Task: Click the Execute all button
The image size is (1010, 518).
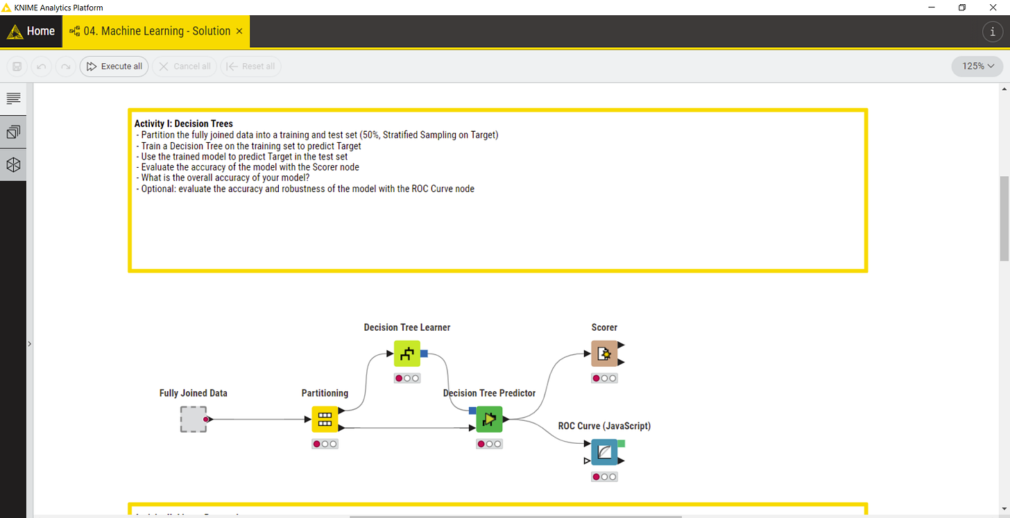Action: click(x=114, y=67)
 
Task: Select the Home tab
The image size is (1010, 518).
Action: click(x=31, y=31)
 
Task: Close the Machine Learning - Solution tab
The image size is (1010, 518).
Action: click(x=239, y=31)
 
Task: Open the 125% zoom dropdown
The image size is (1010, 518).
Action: click(x=978, y=67)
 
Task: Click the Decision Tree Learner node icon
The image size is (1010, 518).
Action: click(x=407, y=354)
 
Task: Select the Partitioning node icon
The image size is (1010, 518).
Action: click(x=325, y=419)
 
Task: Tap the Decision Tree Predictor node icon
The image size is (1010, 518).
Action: click(x=489, y=419)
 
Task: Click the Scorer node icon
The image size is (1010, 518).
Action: click(x=604, y=354)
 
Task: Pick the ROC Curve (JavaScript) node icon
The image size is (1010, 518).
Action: click(x=604, y=452)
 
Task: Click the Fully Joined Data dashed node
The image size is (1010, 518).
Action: click(x=194, y=419)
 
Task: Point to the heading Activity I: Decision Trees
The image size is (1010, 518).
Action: click(x=184, y=123)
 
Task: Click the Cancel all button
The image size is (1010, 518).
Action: click(x=185, y=67)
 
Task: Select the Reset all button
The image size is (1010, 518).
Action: click(x=250, y=67)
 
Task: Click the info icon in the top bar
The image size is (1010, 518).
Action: click(x=993, y=31)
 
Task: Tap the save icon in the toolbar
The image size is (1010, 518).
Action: click(x=17, y=67)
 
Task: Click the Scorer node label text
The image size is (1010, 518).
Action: click(x=604, y=327)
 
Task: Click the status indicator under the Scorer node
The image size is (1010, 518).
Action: click(x=604, y=378)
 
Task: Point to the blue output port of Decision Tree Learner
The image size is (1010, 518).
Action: click(x=424, y=354)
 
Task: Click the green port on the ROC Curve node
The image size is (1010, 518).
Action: click(x=621, y=443)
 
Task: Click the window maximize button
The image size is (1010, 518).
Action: click(x=962, y=7)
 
